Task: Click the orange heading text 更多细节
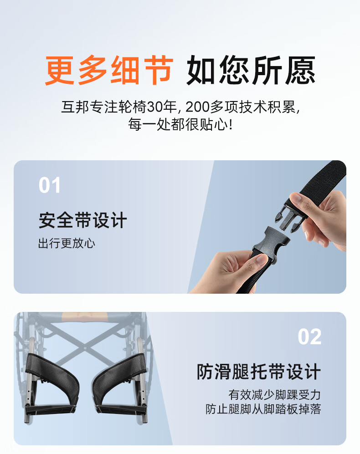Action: [109, 71]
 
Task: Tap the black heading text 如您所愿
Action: [251, 71]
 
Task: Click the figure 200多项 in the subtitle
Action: [211, 107]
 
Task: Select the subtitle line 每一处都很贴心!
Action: [180, 124]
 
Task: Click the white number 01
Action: [50, 185]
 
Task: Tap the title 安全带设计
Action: [83, 220]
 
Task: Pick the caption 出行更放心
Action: [67, 243]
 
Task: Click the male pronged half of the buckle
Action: [290, 216]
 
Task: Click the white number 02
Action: [309, 337]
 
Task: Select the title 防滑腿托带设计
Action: [258, 372]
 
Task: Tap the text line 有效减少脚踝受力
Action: [274, 395]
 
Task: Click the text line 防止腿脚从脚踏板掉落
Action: [263, 409]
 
